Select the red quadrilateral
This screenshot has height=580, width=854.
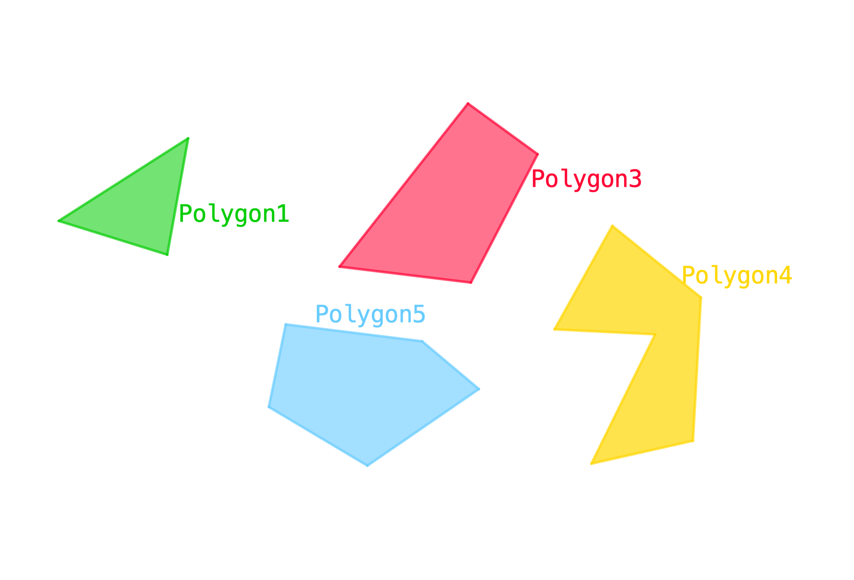(x=443, y=206)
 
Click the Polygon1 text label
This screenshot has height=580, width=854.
(x=234, y=214)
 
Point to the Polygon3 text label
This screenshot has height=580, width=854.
(x=587, y=179)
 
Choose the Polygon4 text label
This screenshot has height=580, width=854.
(x=737, y=276)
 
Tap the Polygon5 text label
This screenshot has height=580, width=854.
(x=370, y=314)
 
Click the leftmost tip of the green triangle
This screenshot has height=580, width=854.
(x=58, y=221)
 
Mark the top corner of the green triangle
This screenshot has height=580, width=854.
(x=189, y=137)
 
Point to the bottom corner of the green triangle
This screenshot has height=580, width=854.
(x=168, y=255)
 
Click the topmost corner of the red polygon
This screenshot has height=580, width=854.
(x=468, y=103)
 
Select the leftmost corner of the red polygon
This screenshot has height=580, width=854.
(x=339, y=267)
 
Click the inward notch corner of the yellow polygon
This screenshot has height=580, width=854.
(x=652, y=336)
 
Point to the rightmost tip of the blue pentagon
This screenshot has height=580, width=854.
(x=480, y=389)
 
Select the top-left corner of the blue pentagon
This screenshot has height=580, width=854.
(x=285, y=324)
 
